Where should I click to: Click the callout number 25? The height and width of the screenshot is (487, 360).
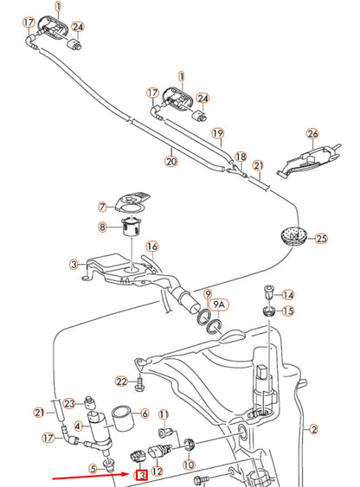point(321,238)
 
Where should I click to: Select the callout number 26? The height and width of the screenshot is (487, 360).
point(313,134)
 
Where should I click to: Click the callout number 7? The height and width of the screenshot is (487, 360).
point(102,207)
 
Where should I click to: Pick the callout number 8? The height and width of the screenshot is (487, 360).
point(102,227)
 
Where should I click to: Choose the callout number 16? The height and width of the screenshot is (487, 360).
point(152,247)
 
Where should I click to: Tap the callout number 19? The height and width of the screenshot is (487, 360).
point(217,133)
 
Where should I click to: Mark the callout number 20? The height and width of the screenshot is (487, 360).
point(171,160)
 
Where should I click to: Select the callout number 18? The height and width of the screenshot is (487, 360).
point(241,157)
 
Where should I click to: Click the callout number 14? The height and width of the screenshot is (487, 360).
point(288,295)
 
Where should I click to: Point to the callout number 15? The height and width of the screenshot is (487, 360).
point(288,311)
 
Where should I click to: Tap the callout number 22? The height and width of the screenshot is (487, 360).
point(121,381)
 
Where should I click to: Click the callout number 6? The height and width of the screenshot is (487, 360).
point(144,413)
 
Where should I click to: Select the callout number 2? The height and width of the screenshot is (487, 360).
point(314,429)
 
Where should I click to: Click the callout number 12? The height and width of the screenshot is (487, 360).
point(157,472)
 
